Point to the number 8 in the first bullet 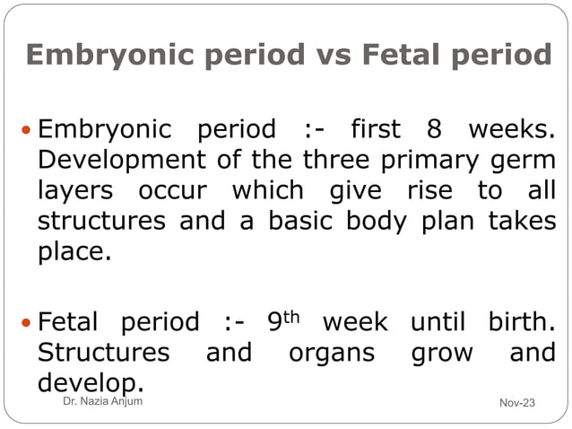pyautogui.click(x=434, y=131)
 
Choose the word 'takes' pyautogui.click(x=521, y=221)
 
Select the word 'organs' pyautogui.click(x=332, y=353)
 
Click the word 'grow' pyautogui.click(x=441, y=353)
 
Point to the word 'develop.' pyautogui.click(x=90, y=382)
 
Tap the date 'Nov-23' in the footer pyautogui.click(x=516, y=402)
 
